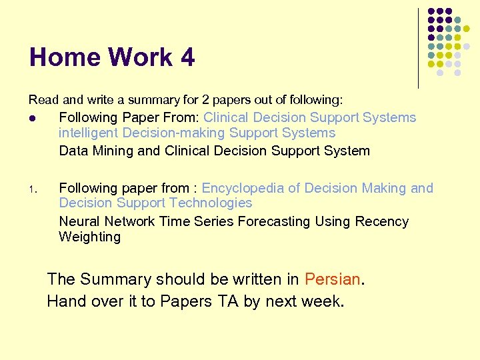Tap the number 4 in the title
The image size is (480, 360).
click(x=187, y=58)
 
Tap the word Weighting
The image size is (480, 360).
click(x=89, y=237)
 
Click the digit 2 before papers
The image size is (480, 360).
click(x=205, y=100)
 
